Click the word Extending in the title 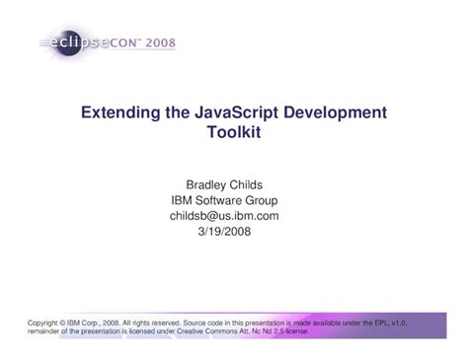[120, 113]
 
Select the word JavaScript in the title [236, 113]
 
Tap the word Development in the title [335, 113]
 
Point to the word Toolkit [234, 132]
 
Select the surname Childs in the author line [246, 184]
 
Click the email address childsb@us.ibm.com [224, 216]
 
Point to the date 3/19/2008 [224, 232]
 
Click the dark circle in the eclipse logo [69, 43]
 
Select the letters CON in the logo [122, 43]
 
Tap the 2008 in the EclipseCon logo [160, 42]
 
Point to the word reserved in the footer [166, 324]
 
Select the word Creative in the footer [191, 331]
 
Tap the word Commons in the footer [221, 331]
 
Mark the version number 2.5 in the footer [278, 331]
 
